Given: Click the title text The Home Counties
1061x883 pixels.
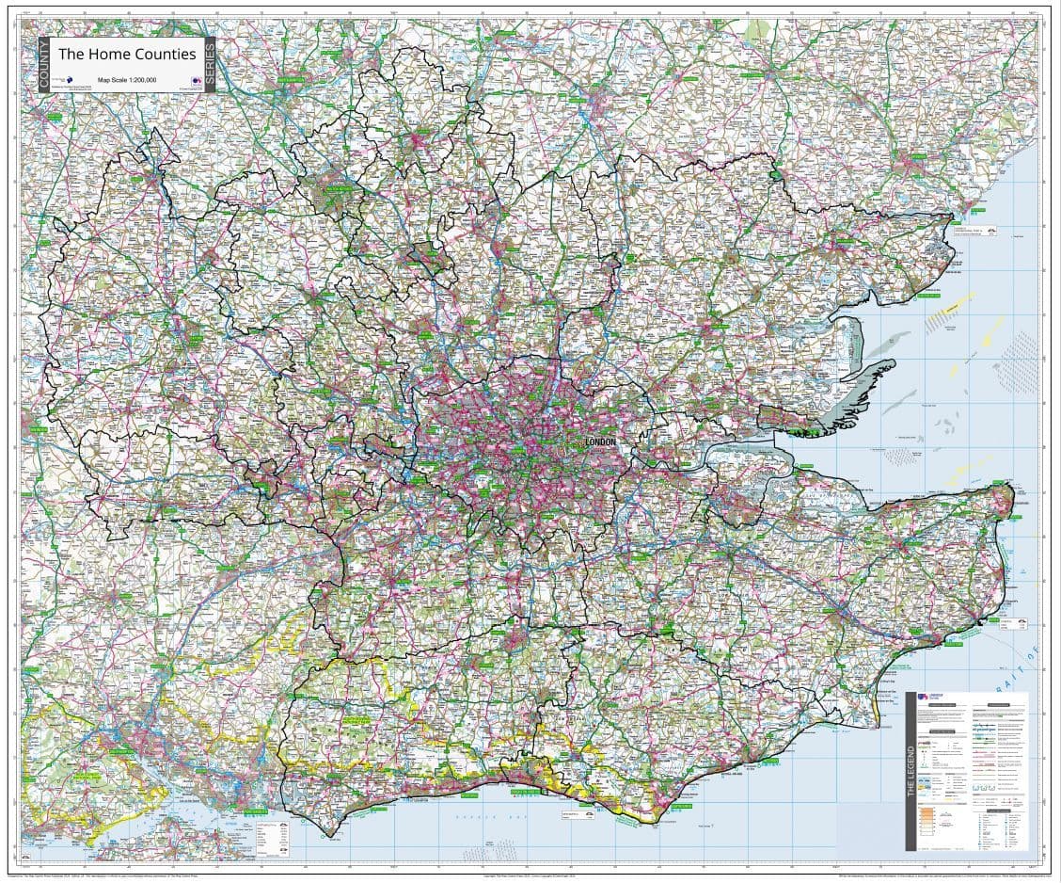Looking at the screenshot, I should click(127, 54).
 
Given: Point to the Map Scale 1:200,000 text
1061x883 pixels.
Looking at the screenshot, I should click(127, 80).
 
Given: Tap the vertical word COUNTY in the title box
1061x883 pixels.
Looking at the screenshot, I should click(43, 64).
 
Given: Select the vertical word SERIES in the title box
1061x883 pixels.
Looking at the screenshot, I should click(210, 64).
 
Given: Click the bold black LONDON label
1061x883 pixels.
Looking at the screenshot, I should click(600, 441).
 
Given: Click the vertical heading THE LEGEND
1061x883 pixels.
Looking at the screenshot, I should click(911, 772).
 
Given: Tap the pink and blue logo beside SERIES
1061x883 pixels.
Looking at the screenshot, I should click(196, 82).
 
